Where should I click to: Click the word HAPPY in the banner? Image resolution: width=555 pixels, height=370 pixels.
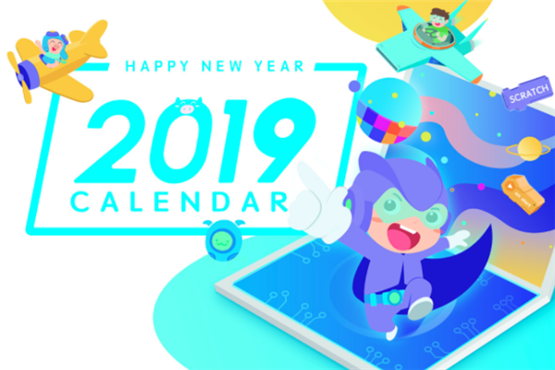[157, 67]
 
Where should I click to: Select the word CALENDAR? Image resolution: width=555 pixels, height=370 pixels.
[179, 202]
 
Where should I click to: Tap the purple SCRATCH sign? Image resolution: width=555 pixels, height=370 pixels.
[527, 93]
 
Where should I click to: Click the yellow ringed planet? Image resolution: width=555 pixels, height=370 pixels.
[529, 149]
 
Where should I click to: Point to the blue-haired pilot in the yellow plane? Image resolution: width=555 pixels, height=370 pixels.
[54, 49]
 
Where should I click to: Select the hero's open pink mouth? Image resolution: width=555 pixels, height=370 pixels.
[404, 237]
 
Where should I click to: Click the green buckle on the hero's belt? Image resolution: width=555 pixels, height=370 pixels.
[394, 298]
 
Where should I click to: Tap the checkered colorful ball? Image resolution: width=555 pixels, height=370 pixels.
[388, 111]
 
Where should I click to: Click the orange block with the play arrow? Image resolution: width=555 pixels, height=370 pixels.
[523, 193]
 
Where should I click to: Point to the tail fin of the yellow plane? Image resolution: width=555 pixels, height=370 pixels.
[92, 39]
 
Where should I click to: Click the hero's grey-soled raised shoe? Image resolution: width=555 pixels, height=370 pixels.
[420, 308]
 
